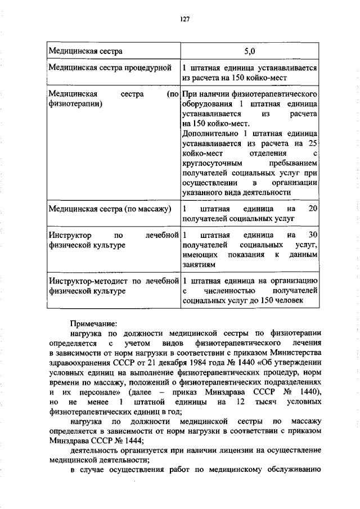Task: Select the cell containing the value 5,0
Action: coord(250,52)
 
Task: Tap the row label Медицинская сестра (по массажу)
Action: coord(110,209)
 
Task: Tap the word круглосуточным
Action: coord(210,164)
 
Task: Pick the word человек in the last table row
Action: coord(288,301)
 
